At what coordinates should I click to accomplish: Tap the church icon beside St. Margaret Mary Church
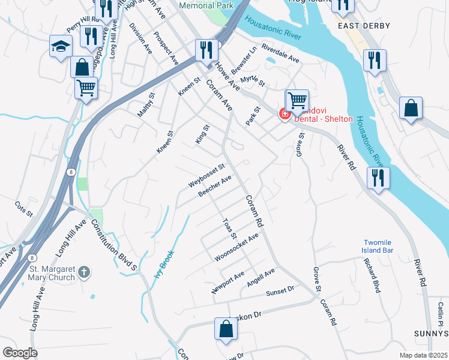[85, 272]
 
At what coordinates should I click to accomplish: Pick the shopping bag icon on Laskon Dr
[226, 329]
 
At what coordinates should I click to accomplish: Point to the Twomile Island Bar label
[378, 245]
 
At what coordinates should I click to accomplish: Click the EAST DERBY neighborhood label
[364, 26]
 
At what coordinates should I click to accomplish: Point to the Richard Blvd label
[372, 275]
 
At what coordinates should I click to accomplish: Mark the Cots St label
[23, 209]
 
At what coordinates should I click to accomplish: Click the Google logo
[20, 353]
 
